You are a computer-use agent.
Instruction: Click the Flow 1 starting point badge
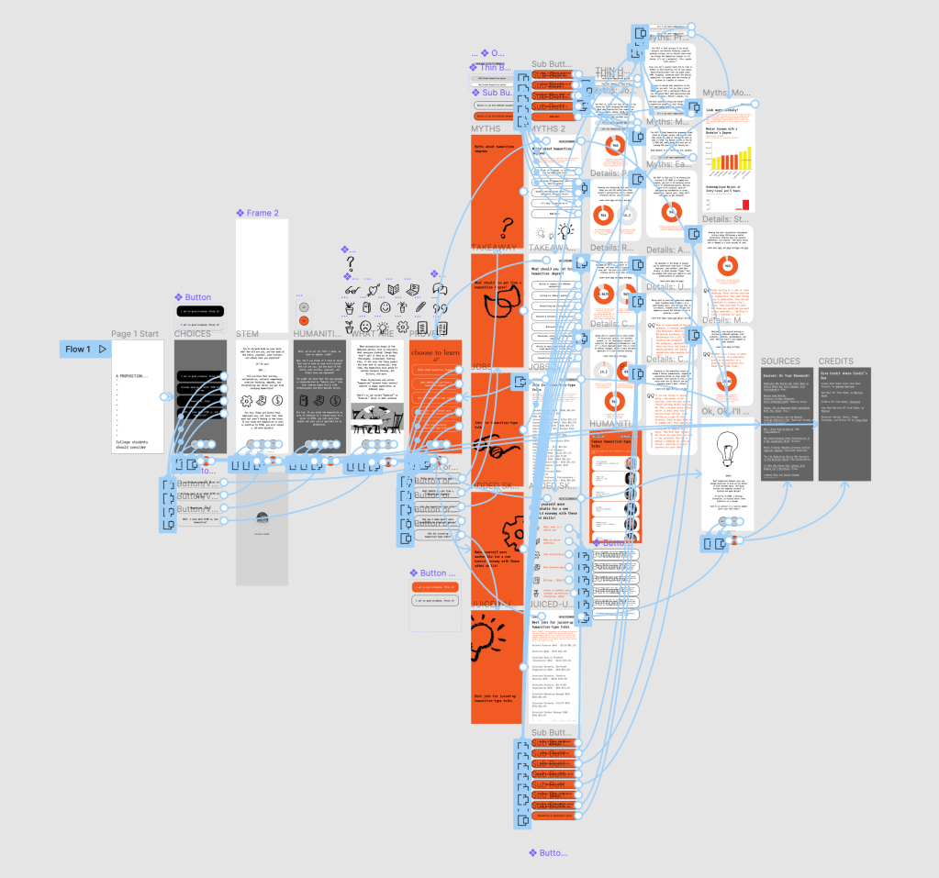pyautogui.click(x=85, y=350)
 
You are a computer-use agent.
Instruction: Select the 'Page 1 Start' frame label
pyautogui.click(x=135, y=334)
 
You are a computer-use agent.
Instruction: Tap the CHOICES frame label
pyautogui.click(x=193, y=334)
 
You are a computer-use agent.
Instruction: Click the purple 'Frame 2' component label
pyautogui.click(x=261, y=213)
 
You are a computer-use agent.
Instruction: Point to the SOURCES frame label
pyautogui.click(x=780, y=361)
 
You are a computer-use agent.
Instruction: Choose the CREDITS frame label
pyautogui.click(x=836, y=361)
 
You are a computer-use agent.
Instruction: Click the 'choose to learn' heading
pyautogui.click(x=435, y=352)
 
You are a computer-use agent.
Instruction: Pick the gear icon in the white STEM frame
pyautogui.click(x=247, y=401)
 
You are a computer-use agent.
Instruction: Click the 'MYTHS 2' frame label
pyautogui.click(x=548, y=128)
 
